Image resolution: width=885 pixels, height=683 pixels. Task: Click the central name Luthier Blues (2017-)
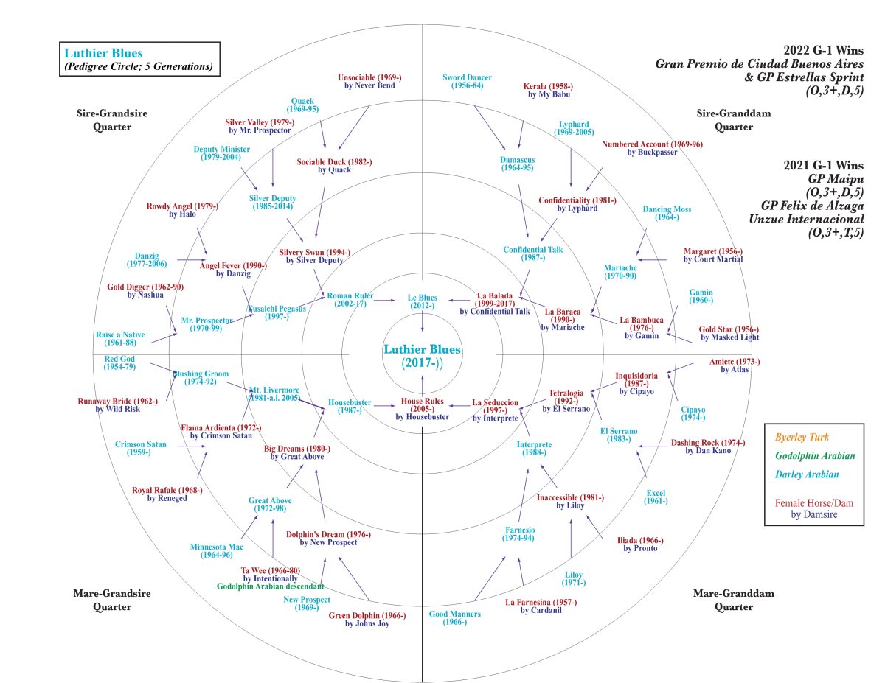pyautogui.click(x=422, y=356)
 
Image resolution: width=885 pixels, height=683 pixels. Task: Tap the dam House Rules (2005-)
pyautogui.click(x=422, y=408)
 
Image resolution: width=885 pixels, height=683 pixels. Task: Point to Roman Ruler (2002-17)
pyautogui.click(x=351, y=300)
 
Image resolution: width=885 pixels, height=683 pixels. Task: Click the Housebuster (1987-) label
pyautogui.click(x=350, y=406)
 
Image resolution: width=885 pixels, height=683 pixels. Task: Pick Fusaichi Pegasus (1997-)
pyautogui.click(x=277, y=312)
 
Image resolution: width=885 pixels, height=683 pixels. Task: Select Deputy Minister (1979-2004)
pyautogui.click(x=221, y=153)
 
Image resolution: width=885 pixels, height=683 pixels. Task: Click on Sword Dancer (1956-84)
pyautogui.click(x=467, y=81)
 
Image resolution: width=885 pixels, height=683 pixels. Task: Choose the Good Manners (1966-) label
pyautogui.click(x=455, y=618)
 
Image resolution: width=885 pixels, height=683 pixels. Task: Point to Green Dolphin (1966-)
pyautogui.click(x=367, y=620)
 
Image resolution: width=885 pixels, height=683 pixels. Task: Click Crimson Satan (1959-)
pyautogui.click(x=141, y=448)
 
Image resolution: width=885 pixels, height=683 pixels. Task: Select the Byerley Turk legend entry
pyautogui.click(x=802, y=437)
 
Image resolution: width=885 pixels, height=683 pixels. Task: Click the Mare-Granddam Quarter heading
pyautogui.click(x=723, y=600)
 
